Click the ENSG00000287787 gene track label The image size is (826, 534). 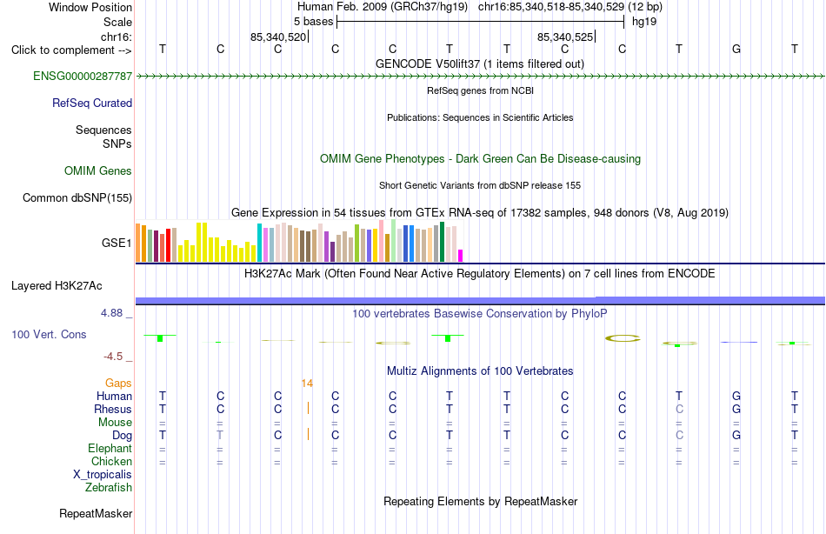(83, 76)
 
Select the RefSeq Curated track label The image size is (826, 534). (92, 103)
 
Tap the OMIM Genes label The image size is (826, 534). (98, 170)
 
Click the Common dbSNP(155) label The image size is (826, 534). (77, 197)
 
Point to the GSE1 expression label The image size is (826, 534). (117, 243)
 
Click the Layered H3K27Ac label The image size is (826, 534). (57, 286)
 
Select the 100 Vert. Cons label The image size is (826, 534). (49, 334)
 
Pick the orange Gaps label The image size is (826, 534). (118, 384)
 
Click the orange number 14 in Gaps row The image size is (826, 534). (307, 384)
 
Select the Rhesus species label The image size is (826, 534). (113, 409)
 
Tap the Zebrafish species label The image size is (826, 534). (109, 488)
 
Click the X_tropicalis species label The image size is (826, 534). (103, 475)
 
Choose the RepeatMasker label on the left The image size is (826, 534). (96, 513)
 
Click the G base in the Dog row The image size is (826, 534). (736, 436)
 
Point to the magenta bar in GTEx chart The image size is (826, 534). (461, 256)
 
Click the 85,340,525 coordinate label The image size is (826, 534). (565, 37)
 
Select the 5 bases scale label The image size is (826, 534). (313, 22)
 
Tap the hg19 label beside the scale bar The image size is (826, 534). (644, 22)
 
